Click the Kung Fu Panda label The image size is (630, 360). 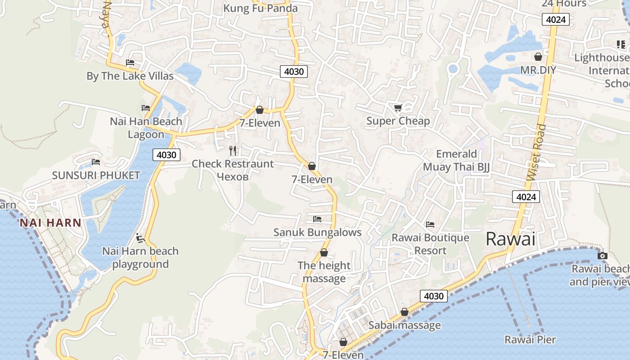261,8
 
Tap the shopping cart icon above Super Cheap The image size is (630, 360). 398,108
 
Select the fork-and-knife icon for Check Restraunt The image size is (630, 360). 233,150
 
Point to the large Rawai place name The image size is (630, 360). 511,239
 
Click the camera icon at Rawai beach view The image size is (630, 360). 602,256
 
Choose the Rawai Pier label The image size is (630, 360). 530,339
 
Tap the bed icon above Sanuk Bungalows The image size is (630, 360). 317,219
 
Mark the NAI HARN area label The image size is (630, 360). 50,222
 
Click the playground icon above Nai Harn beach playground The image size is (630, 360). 140,238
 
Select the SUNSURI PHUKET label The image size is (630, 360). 96,175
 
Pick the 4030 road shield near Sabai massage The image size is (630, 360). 434,296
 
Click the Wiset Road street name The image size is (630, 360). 537,153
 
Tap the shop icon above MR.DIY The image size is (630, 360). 538,57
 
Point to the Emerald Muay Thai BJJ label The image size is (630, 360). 456,160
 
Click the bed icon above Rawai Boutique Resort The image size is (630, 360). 430,224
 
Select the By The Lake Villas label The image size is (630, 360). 130,76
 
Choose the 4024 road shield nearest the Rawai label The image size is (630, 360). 526,197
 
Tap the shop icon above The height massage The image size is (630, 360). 324,253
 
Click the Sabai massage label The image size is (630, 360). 405,325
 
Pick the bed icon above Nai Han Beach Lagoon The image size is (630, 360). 146,108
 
